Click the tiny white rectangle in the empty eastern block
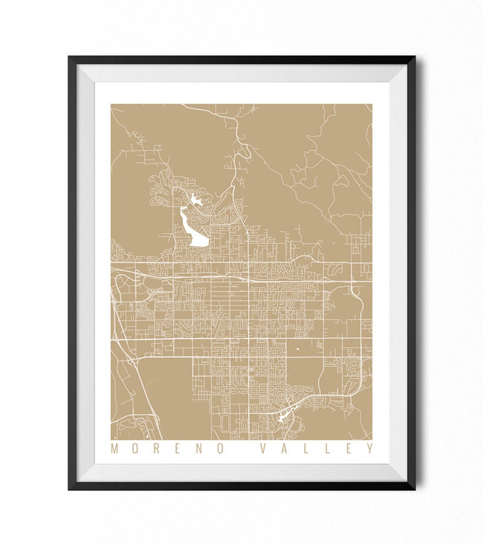click(x=297, y=348)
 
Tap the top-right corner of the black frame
click(x=416, y=56)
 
